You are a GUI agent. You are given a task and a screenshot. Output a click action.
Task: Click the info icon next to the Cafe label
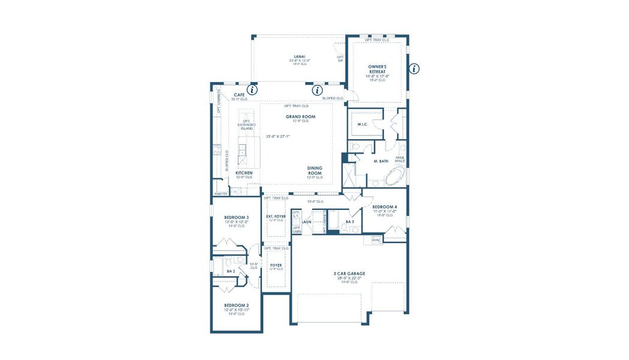coord(252,90)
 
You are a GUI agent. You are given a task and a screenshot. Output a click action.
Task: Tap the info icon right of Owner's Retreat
coord(414,68)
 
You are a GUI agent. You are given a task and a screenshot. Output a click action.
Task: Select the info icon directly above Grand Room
coord(317,90)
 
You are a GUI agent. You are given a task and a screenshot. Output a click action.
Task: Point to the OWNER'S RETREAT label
coord(377,69)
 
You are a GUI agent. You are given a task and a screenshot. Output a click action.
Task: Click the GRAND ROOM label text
coord(300,116)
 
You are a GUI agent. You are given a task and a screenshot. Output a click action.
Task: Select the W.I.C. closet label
coord(362,125)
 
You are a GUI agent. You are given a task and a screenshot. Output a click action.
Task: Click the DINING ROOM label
coord(315,170)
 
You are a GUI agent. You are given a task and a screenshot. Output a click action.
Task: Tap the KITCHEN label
coord(244,172)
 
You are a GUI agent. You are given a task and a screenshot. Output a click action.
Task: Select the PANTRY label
coord(221,194)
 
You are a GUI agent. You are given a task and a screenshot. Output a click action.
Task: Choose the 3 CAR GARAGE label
coord(350,274)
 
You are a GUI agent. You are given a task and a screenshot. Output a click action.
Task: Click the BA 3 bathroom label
coord(350,221)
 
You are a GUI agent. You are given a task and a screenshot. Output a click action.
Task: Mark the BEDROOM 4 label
coord(384,207)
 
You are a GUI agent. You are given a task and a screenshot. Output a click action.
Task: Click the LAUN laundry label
coord(306,221)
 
